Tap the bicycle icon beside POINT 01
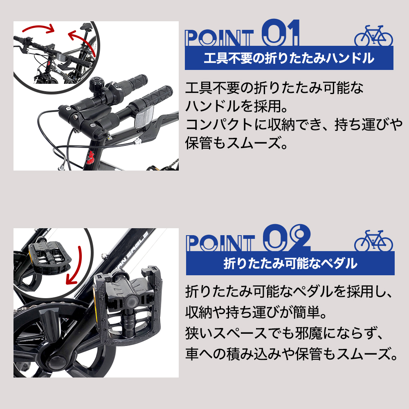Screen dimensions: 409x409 coord(373,36)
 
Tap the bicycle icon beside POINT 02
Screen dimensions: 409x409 coord(373,241)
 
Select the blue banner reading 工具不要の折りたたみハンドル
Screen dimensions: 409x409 coord(289,58)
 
